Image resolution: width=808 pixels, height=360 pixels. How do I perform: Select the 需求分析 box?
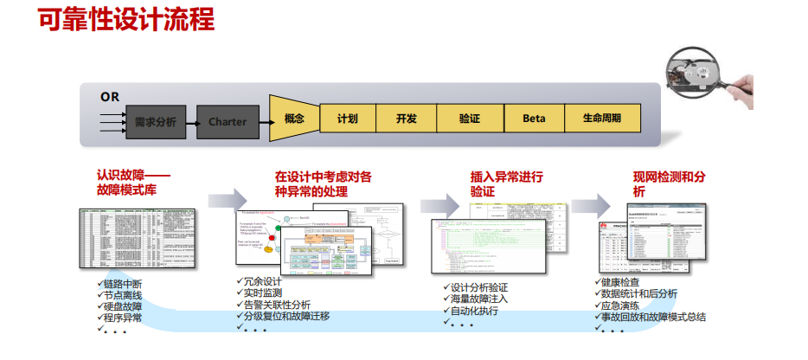[x=156, y=122]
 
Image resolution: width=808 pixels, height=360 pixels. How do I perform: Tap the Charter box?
[x=228, y=122]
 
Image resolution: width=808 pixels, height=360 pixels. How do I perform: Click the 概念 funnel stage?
[x=292, y=119]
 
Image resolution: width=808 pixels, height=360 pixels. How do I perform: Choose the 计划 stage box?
[x=348, y=119]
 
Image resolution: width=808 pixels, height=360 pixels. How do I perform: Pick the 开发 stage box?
[x=407, y=119]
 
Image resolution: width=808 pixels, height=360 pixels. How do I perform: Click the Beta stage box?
[x=534, y=119]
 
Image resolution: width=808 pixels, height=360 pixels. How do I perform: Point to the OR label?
[x=110, y=96]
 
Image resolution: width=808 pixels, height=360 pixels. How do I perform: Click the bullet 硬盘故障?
[x=123, y=306]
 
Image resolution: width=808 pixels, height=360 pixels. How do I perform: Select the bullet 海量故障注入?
[x=478, y=299]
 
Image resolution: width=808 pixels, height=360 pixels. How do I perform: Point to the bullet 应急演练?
[x=619, y=305]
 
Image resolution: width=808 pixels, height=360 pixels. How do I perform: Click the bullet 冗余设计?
[x=263, y=282]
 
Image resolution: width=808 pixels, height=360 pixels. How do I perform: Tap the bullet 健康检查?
[x=619, y=283]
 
